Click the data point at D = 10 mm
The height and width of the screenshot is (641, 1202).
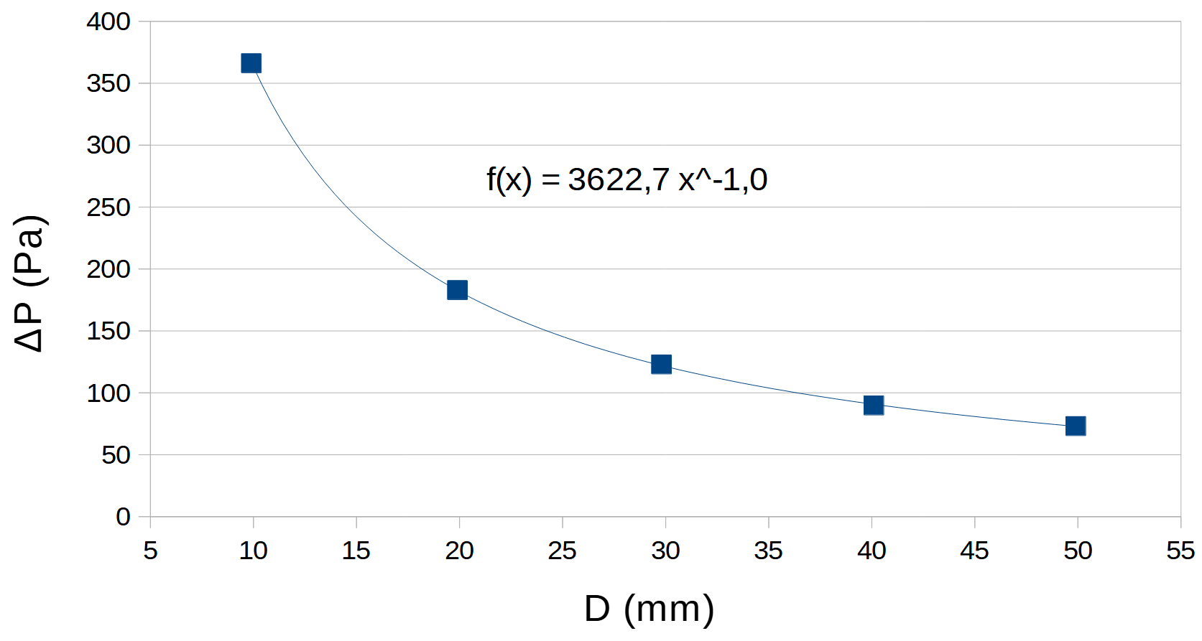251,63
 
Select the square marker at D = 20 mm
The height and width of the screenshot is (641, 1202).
457,290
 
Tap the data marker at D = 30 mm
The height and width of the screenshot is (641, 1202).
661,365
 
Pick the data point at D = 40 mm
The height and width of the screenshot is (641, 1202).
873,406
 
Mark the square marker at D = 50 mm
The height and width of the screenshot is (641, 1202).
1075,426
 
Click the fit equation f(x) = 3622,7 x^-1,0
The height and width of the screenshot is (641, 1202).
627,179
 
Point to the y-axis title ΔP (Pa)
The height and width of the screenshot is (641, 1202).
30,283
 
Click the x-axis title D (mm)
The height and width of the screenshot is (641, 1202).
649,609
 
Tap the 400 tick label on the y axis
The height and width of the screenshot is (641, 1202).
108,22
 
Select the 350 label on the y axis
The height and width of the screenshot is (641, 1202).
108,83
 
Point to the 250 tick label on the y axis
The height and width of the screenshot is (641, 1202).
108,207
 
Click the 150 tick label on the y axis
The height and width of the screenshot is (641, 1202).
108,331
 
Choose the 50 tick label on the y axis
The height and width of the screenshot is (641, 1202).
116,455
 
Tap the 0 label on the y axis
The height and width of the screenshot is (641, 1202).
123,517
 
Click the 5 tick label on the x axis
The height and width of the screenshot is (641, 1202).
150,551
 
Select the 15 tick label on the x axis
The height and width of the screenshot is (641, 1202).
356,551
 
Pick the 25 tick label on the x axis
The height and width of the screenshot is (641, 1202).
562,551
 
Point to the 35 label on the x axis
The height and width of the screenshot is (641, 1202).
768,551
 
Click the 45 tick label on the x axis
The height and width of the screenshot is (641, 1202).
974,551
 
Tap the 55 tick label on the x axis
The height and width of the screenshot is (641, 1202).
1180,551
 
